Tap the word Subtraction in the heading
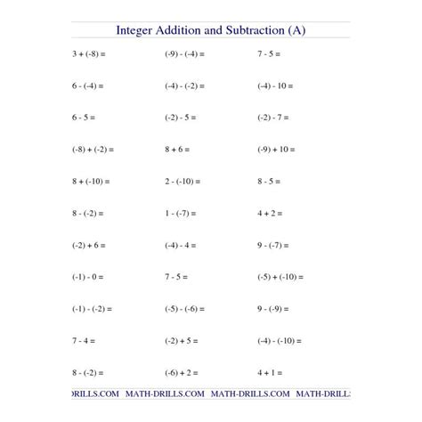point(252,30)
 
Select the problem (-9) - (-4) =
point(184,53)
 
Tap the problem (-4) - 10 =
point(276,85)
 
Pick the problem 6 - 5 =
point(83,117)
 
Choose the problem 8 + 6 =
point(178,149)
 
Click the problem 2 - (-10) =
point(183,181)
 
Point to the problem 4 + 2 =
point(270,213)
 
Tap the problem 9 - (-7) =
point(273,245)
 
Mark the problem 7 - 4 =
point(83,340)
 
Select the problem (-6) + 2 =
point(182,372)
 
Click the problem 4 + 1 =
point(270,372)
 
